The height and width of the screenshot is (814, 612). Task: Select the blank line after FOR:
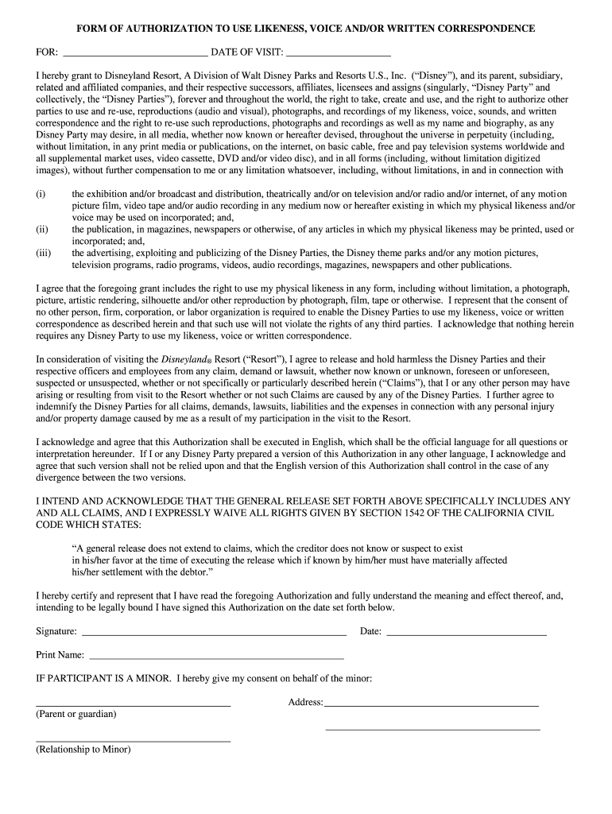click(134, 56)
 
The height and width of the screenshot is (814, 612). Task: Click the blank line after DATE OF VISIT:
click(338, 56)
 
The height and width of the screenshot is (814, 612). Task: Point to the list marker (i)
click(41, 194)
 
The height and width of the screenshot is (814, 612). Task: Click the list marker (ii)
click(41, 230)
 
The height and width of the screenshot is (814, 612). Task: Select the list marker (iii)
click(43, 254)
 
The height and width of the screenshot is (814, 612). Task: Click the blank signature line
click(214, 635)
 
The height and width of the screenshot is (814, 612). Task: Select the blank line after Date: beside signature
click(467, 635)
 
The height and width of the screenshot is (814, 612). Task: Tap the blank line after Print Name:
click(217, 659)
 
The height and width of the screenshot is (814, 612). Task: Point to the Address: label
click(305, 703)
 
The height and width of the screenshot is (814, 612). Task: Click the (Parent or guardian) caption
click(76, 714)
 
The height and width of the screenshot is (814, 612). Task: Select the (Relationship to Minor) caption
click(83, 749)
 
